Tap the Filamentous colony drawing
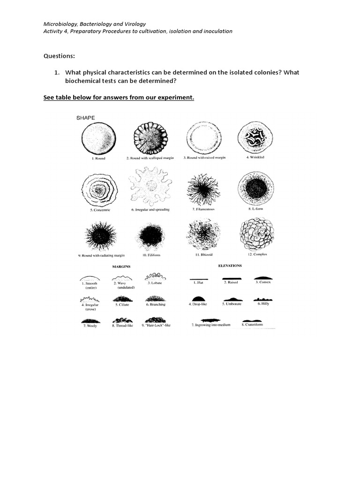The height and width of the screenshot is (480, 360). pos(203,190)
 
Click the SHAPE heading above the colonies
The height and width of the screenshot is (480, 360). pos(85,118)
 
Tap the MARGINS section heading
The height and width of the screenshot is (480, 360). pos(120,266)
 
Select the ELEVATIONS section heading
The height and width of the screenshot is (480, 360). pos(230,265)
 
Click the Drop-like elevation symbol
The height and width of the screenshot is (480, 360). pos(198,298)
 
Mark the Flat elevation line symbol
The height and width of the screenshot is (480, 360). pos(198,278)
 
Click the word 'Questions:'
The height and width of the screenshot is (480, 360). pos(59,56)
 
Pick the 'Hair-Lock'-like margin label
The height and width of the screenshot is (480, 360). pos(156,325)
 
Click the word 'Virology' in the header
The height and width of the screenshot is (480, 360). pos(133,23)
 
